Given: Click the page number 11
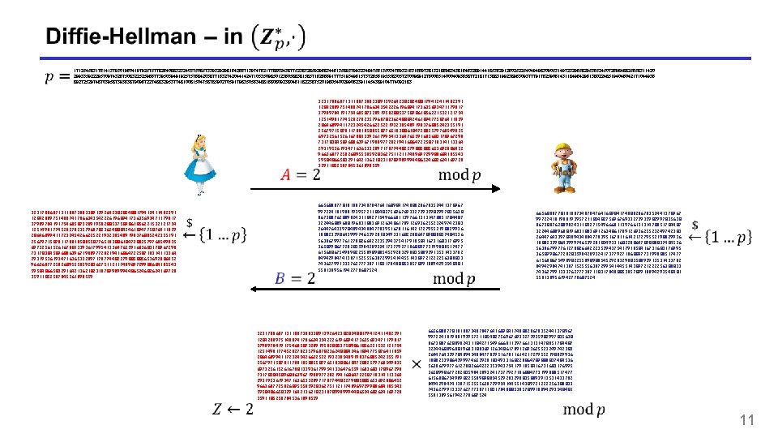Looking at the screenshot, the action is tap(747, 419).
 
